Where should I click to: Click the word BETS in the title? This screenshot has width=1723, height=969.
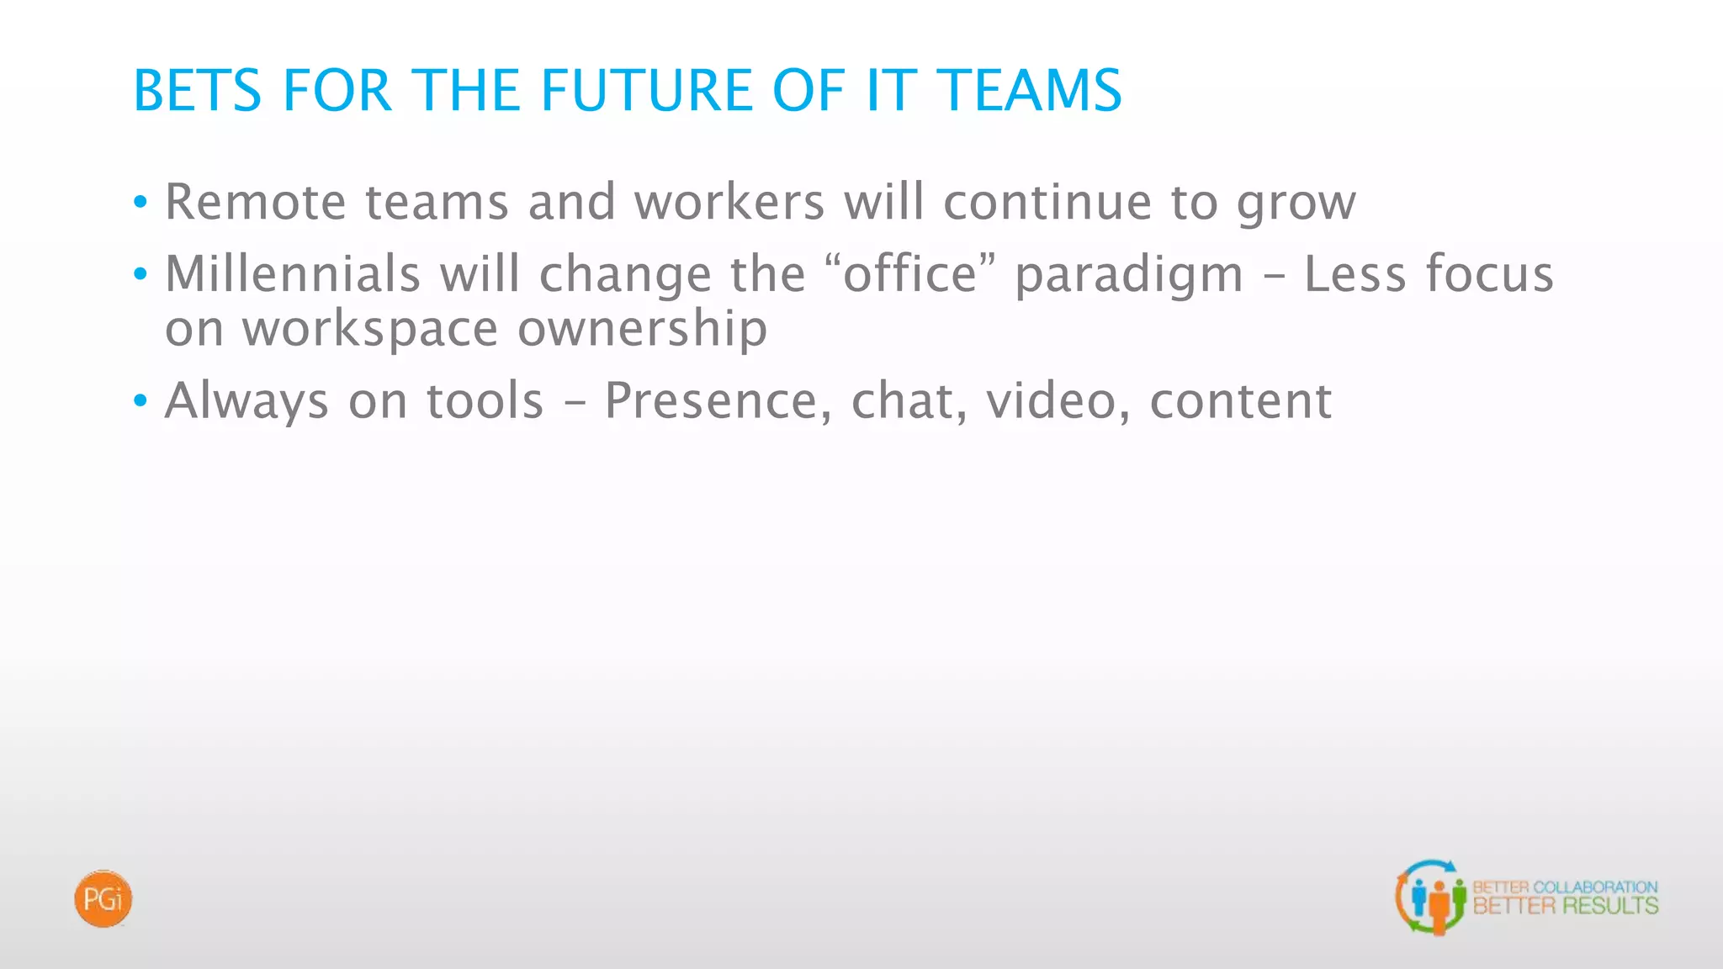[x=198, y=90]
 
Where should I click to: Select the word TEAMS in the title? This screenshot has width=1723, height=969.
[x=1029, y=90]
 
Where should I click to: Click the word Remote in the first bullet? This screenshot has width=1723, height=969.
[x=255, y=202]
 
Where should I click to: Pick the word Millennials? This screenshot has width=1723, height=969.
[x=292, y=274]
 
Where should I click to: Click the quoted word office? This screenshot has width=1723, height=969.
[x=910, y=274]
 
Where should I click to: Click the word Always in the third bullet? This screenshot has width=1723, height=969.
[x=247, y=401]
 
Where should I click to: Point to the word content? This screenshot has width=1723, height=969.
[x=1241, y=401]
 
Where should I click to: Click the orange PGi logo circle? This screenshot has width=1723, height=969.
[x=103, y=899]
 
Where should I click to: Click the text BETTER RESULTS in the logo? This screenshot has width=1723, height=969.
[x=1566, y=906]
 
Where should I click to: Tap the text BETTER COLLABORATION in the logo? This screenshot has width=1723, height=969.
[x=1566, y=887]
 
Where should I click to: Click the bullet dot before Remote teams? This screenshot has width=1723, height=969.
[x=140, y=202]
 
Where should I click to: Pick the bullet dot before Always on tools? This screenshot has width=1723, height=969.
[x=140, y=400]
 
